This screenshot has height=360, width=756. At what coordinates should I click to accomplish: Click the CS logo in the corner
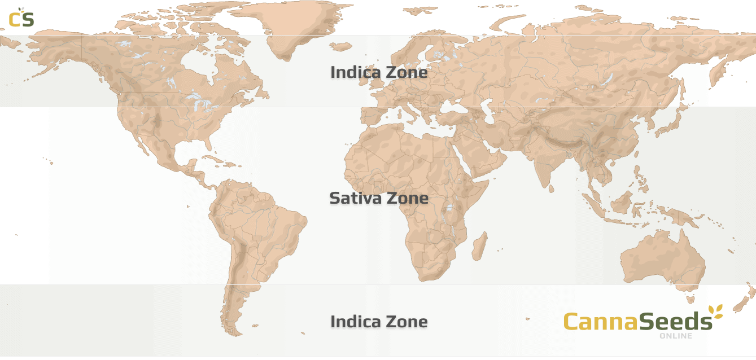[x=21, y=17]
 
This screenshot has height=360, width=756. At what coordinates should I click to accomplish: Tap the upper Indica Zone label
[x=378, y=73]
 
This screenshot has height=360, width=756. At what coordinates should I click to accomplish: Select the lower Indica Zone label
[x=378, y=323]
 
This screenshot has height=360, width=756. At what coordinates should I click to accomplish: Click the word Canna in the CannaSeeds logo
[x=600, y=322]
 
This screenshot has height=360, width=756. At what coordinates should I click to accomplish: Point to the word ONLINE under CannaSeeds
[x=675, y=336]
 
